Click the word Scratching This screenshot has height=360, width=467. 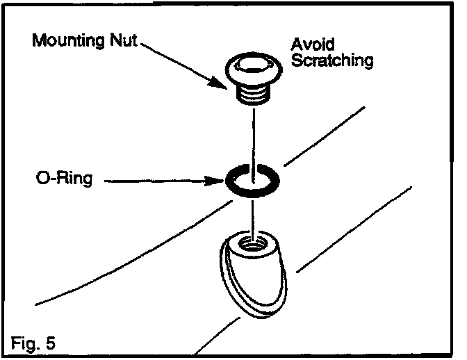[x=331, y=61]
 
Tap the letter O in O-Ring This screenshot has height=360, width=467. [x=42, y=181]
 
